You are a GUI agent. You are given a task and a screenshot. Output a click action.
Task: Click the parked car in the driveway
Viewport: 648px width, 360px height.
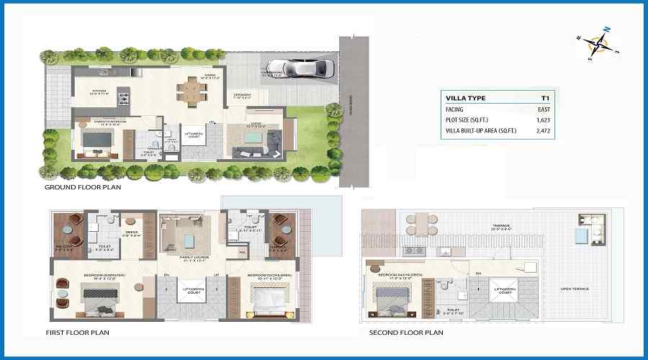(307, 68)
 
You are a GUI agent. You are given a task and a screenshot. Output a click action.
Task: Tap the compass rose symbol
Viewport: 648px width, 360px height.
(598, 45)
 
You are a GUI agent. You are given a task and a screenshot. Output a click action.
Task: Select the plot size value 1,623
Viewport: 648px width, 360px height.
(543, 120)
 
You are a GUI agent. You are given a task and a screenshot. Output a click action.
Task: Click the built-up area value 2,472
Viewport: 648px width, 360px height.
(543, 132)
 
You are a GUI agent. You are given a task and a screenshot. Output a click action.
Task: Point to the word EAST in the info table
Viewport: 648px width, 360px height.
(544, 109)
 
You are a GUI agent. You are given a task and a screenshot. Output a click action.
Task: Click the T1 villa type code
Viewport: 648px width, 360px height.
(546, 97)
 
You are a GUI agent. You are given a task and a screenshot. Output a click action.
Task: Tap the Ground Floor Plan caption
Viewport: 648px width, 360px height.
(83, 187)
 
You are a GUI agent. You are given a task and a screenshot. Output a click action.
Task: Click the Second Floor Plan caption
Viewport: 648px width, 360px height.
(406, 333)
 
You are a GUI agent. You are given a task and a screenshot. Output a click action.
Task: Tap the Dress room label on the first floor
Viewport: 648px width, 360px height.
(131, 233)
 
